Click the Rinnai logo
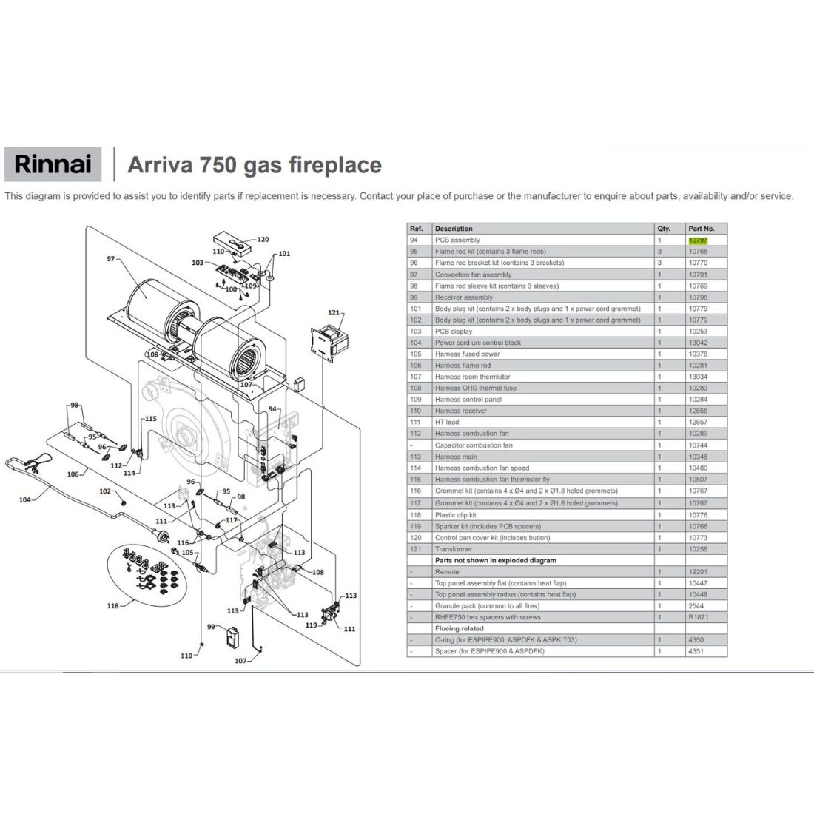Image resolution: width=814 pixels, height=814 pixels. click(53, 164)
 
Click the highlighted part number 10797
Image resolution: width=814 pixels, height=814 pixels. click(698, 240)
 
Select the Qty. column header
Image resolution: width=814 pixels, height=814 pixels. click(664, 229)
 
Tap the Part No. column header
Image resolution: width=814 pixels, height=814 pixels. click(702, 229)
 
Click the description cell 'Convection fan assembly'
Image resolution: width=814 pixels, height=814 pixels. click(473, 275)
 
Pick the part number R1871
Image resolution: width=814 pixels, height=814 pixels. click(699, 617)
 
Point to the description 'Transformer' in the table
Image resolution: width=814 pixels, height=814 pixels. click(453, 549)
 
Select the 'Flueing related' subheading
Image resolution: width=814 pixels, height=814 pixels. click(459, 629)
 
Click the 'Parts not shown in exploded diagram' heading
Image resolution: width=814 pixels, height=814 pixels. click(495, 561)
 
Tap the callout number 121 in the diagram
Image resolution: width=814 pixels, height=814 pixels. click(334, 312)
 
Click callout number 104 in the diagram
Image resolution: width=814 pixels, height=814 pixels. click(25, 500)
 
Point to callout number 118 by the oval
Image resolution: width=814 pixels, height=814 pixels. click(112, 606)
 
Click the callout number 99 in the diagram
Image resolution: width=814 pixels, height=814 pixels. click(211, 627)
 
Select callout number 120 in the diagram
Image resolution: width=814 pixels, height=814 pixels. click(263, 239)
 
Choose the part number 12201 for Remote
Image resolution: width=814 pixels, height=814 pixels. click(698, 572)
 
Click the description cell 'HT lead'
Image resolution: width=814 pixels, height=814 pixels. click(447, 423)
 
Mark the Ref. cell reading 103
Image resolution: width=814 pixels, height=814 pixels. click(415, 332)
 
